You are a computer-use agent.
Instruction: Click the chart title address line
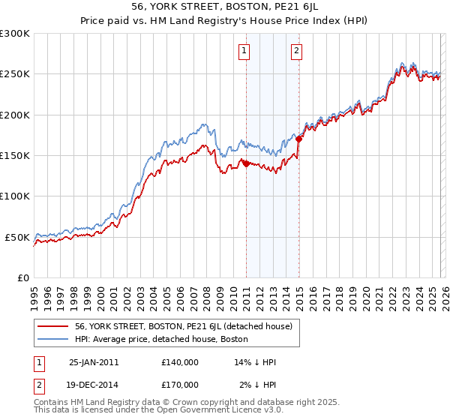click(225, 7)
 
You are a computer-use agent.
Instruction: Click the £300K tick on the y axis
click(15, 34)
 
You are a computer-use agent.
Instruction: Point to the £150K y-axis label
click(15, 155)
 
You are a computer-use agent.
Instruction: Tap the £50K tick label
click(18, 237)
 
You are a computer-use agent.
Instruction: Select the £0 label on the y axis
click(23, 277)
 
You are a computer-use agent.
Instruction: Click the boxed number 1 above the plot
click(245, 51)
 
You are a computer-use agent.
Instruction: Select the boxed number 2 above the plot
click(297, 51)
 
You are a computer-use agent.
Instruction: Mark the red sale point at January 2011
click(245, 164)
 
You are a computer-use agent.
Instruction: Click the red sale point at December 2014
click(298, 139)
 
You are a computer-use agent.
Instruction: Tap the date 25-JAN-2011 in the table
click(94, 362)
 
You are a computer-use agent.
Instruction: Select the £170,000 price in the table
click(180, 384)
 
